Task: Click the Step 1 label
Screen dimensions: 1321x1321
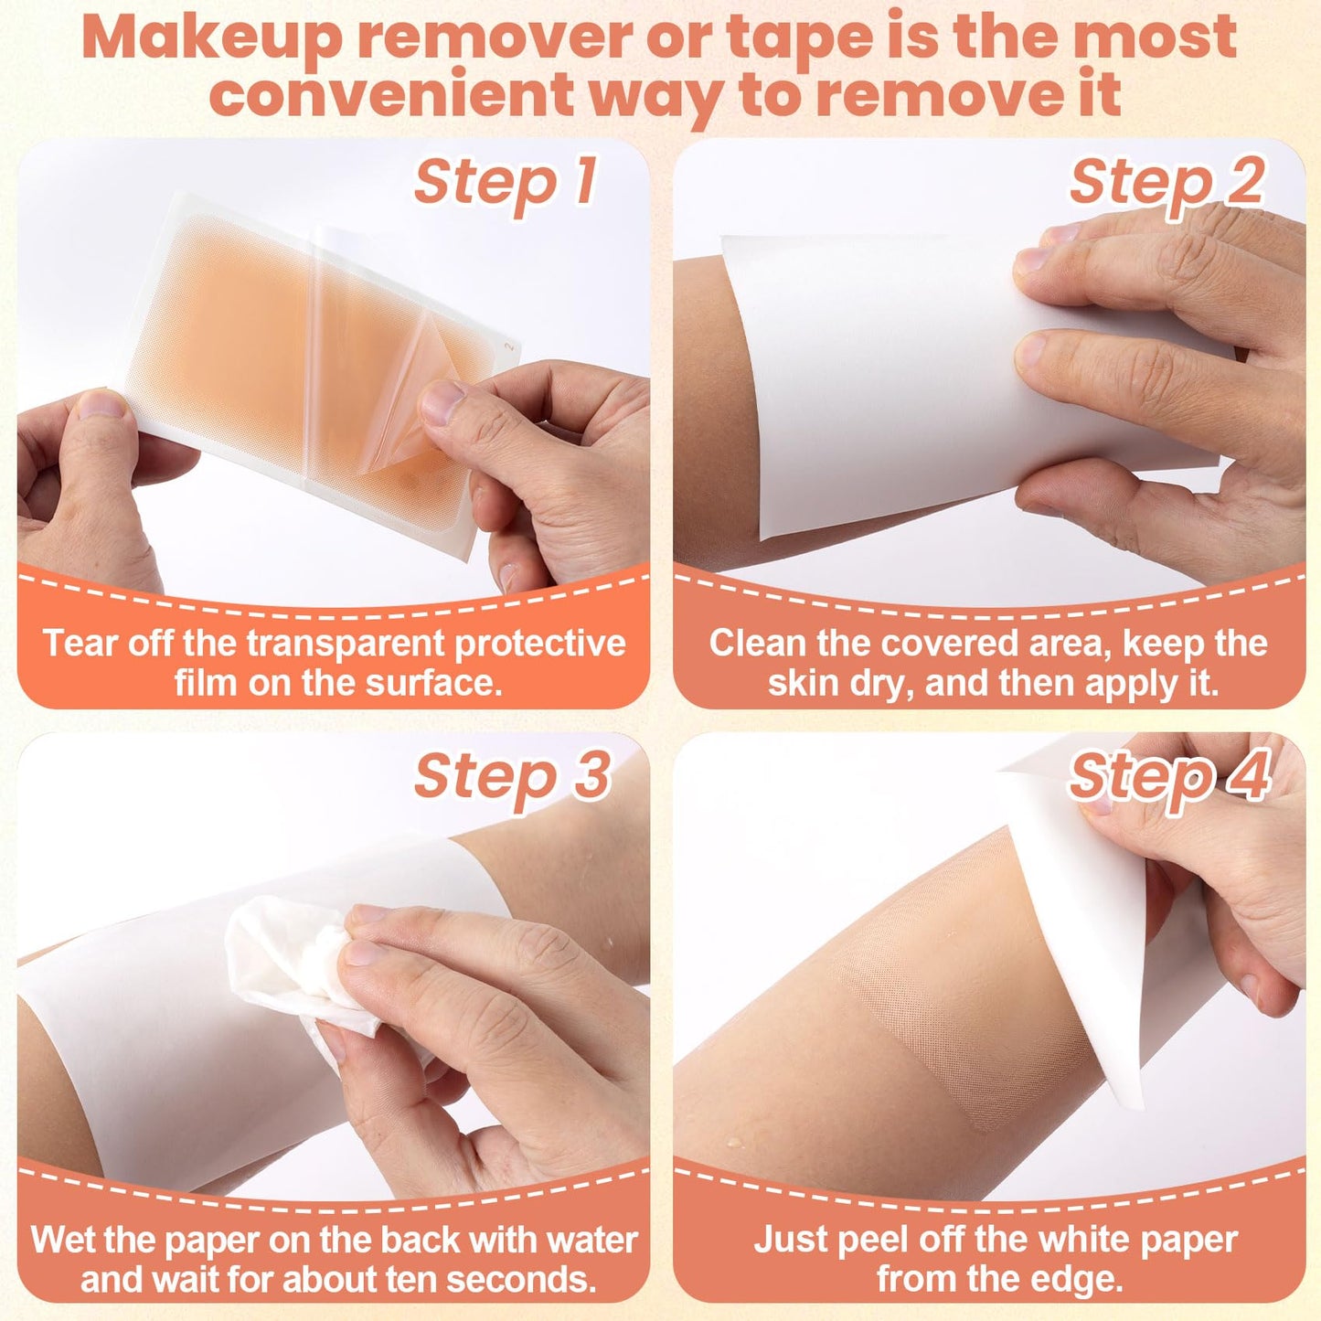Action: pyautogui.click(x=505, y=182)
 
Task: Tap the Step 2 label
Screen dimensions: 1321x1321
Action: pyautogui.click(x=1167, y=182)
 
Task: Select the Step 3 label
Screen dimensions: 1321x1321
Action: pyautogui.click(x=512, y=777)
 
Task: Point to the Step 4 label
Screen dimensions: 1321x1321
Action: pyautogui.click(x=1169, y=777)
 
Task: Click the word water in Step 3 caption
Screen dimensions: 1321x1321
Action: pyautogui.click(x=591, y=1240)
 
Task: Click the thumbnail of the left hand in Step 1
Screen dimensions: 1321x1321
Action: pyautogui.click(x=101, y=404)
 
